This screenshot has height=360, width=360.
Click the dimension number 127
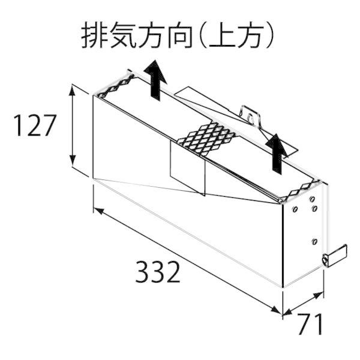click(35, 125)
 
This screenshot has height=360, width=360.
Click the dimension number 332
click(157, 272)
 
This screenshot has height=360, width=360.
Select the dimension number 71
click(311, 324)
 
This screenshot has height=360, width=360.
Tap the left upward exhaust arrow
click(155, 80)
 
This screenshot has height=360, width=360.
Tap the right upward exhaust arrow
click(277, 154)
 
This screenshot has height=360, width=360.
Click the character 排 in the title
click(95, 35)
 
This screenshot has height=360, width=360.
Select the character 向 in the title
click(179, 35)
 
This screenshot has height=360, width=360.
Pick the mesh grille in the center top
click(207, 138)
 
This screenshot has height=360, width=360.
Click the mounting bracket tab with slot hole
click(250, 115)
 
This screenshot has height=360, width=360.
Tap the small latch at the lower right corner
click(335, 256)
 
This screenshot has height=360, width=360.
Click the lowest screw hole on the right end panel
click(314, 242)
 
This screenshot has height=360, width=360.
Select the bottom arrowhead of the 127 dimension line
click(73, 161)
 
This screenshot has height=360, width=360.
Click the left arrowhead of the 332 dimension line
click(99, 211)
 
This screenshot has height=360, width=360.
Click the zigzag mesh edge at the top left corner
click(115, 85)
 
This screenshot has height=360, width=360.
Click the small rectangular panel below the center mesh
click(188, 168)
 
